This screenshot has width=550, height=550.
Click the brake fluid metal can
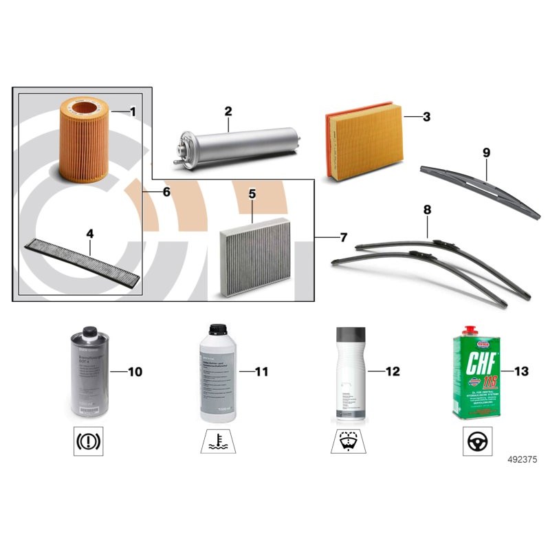pos(89,375)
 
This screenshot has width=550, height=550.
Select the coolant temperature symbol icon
pos(219,440)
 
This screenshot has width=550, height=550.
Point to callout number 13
pos(520,372)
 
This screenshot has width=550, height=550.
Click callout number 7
pos(343,238)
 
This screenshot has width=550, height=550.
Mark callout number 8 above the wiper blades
pos(426,208)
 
